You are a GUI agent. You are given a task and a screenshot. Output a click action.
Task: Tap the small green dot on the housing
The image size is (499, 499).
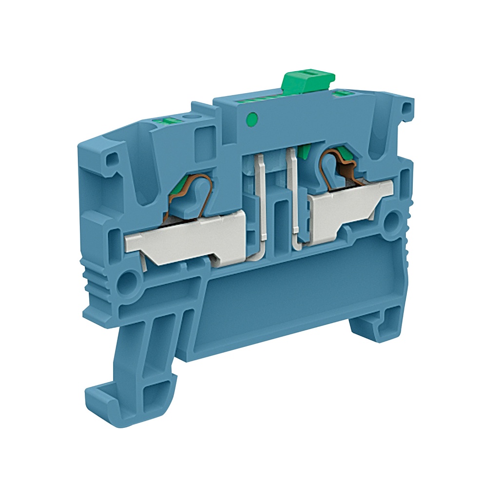coord(252,117)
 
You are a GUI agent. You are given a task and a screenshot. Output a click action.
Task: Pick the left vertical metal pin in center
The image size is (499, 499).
coord(261,200)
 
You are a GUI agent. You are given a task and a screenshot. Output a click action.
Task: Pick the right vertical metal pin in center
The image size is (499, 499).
coord(294,195)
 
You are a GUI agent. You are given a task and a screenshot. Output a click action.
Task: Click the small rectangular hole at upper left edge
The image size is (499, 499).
coord(112,158)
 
